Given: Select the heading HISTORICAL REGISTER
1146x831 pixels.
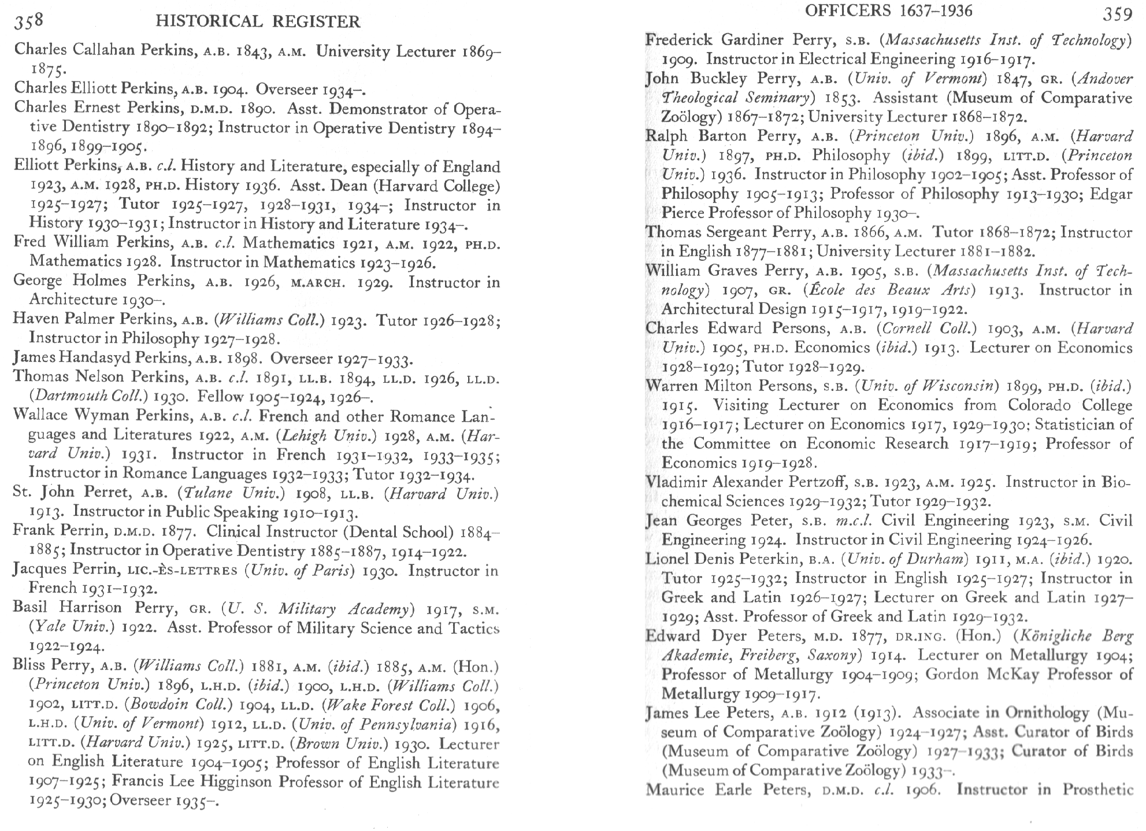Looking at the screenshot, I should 258,22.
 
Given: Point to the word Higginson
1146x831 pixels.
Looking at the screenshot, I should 236,782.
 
